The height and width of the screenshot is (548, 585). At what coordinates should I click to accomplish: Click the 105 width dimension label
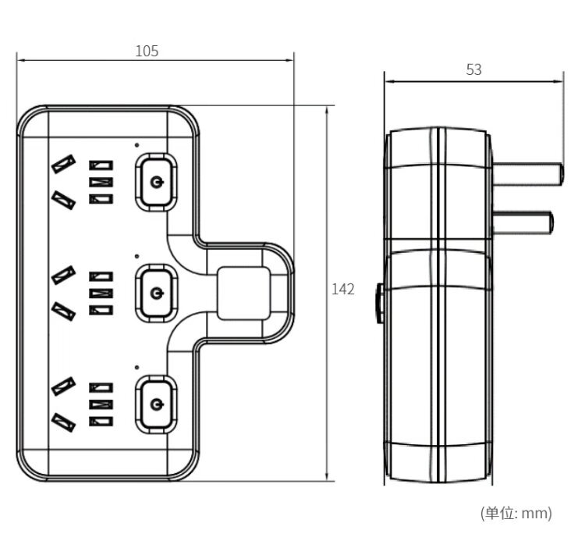click(147, 51)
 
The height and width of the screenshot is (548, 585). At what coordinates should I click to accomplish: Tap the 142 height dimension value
click(343, 290)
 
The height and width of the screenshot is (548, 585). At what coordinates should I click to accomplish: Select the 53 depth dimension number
click(473, 69)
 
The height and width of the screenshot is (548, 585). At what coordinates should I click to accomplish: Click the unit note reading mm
click(516, 513)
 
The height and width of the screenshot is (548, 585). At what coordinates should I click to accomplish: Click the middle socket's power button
click(157, 294)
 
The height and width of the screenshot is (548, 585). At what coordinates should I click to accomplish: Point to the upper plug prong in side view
click(527, 172)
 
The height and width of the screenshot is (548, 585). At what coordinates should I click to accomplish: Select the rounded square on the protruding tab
click(244, 293)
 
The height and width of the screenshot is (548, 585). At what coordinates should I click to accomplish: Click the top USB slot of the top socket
click(101, 165)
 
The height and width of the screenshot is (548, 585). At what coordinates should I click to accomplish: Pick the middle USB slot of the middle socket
click(101, 294)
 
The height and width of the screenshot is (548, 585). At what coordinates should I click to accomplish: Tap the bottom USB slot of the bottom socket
click(101, 422)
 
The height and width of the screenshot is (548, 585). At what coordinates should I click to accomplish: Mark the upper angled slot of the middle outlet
click(63, 274)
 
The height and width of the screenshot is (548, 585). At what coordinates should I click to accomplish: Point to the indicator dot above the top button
click(136, 144)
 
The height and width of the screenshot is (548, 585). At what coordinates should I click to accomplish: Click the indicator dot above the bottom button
click(136, 366)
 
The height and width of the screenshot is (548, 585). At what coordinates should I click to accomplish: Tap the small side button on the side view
click(379, 304)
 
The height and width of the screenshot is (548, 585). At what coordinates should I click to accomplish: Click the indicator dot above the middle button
click(136, 255)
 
